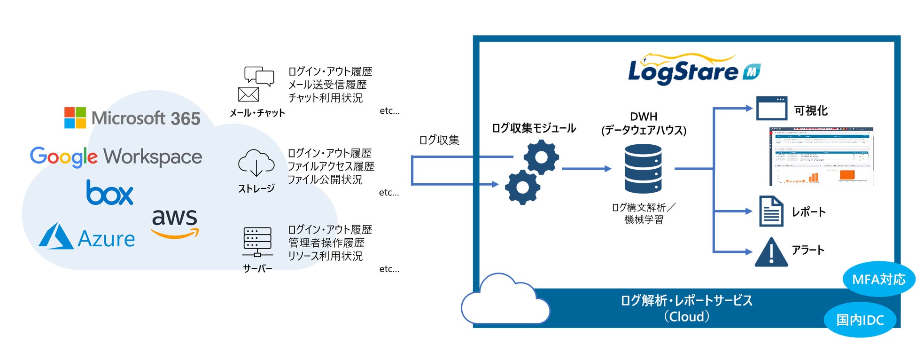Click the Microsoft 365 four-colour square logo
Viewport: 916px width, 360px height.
pos(75,117)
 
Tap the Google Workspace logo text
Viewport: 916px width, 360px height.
pos(116,157)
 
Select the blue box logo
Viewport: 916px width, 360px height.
pos(109,193)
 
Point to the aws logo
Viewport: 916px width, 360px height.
pos(175,222)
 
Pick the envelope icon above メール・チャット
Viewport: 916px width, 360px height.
pos(248,94)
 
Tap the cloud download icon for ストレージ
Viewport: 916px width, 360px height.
pos(256,163)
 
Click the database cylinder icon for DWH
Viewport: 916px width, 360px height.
pos(643,169)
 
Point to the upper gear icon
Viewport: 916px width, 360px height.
pos(541,157)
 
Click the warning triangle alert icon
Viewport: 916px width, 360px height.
pos(771,253)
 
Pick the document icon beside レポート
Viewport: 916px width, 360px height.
pos(771,211)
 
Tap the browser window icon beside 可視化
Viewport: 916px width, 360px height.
pos(771,109)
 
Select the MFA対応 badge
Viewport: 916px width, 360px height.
pos(878,279)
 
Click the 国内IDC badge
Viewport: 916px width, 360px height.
pos(860,320)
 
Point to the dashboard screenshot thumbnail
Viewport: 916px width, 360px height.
pos(821,156)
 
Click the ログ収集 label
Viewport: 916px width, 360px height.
pos(439,140)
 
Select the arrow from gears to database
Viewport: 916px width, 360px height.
pos(586,168)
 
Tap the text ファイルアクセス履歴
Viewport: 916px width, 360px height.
pos(331,166)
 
